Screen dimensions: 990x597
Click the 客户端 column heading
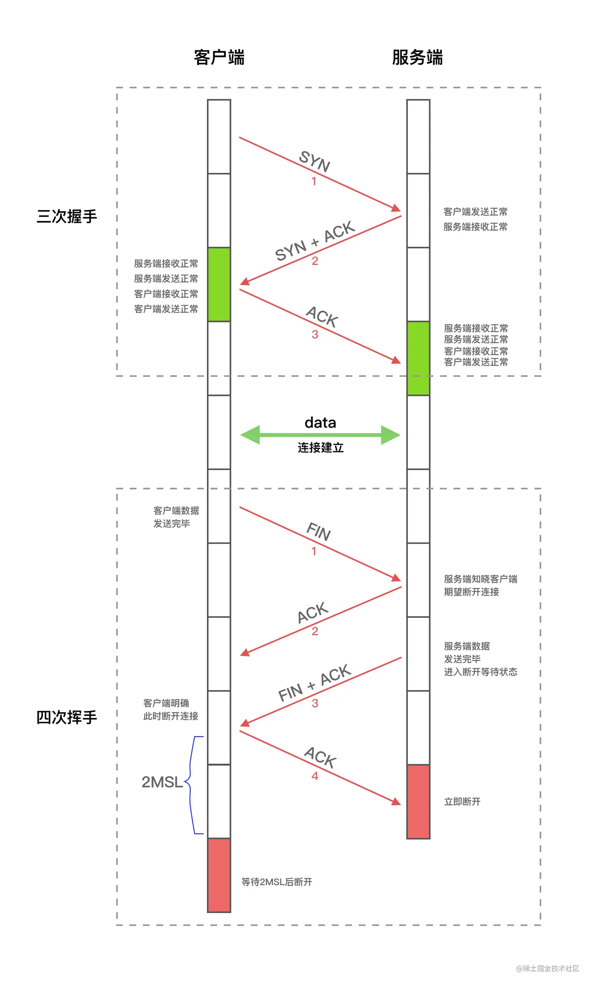(x=219, y=58)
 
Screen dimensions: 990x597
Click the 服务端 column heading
(x=417, y=58)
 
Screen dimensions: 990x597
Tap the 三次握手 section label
(x=67, y=216)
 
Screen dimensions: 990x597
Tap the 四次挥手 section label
(x=67, y=717)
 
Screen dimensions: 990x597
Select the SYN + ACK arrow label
(x=314, y=241)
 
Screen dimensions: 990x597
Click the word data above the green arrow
(x=320, y=423)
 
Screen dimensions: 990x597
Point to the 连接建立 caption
(x=320, y=448)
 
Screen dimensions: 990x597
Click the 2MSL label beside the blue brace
(x=162, y=782)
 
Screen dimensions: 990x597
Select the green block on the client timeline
(x=219, y=284)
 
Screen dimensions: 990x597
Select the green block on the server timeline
(x=418, y=358)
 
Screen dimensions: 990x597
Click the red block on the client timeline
(x=219, y=875)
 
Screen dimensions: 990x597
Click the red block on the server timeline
(x=418, y=802)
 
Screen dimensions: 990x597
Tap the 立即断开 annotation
(x=462, y=802)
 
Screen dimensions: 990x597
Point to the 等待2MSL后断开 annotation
(x=277, y=882)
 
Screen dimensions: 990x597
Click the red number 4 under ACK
(x=315, y=776)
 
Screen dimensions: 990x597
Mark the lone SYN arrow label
(x=314, y=161)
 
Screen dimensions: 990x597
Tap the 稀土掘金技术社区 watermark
(x=548, y=968)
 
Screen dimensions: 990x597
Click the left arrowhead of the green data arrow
(x=250, y=435)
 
